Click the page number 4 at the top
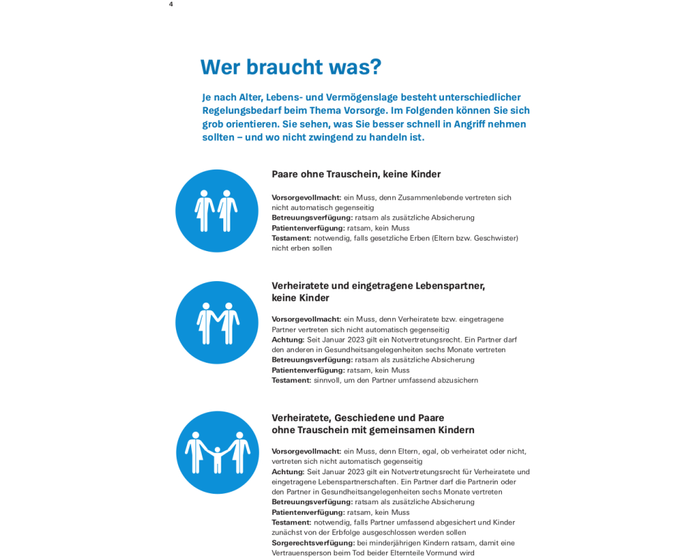[x=171, y=4]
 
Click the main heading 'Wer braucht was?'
[x=290, y=67]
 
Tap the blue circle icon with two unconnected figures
[x=216, y=211]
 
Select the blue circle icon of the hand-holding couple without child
[x=216, y=322]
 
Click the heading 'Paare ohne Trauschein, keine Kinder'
[x=356, y=174]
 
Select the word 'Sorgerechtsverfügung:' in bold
[x=313, y=543]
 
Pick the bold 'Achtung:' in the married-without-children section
[x=288, y=340]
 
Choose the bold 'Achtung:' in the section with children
[x=288, y=472]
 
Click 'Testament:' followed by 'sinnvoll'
[x=291, y=380]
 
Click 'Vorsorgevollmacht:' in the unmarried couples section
[x=306, y=197]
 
